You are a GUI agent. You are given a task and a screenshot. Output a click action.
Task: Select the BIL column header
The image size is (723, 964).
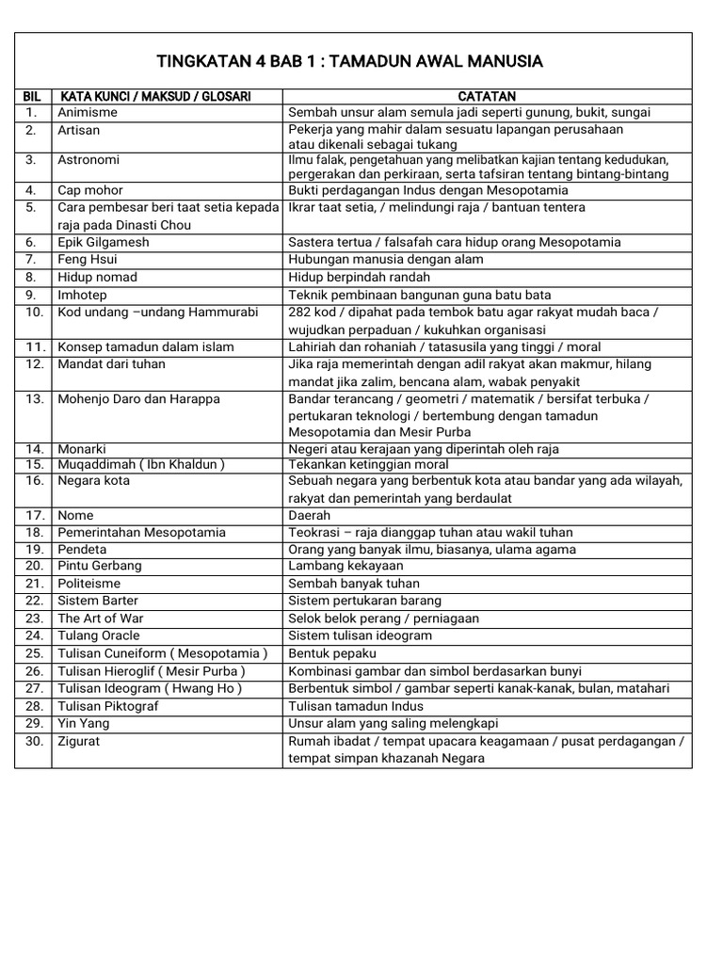(33, 96)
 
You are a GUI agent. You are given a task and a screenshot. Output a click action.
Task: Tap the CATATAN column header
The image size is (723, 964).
(487, 96)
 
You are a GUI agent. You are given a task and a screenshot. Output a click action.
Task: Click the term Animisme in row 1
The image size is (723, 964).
(88, 112)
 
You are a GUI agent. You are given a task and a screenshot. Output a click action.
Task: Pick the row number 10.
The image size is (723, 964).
(34, 312)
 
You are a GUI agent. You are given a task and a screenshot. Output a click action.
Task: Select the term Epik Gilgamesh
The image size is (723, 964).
(104, 242)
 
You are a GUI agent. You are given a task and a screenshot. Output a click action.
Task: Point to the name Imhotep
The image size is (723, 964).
(83, 294)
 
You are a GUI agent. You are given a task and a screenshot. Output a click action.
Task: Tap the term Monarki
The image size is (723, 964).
(82, 449)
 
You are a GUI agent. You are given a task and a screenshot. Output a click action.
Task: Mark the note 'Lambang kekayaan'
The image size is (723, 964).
(345, 566)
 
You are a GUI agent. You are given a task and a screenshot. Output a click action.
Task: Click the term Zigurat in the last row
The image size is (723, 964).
(79, 741)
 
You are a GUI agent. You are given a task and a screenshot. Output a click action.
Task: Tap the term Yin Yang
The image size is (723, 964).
(84, 723)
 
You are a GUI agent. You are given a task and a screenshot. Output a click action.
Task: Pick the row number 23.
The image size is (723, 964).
(34, 619)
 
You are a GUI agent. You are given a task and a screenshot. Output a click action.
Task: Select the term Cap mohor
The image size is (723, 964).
(90, 189)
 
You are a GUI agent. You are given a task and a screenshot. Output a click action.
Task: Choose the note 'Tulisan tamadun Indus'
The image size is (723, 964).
(357, 706)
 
